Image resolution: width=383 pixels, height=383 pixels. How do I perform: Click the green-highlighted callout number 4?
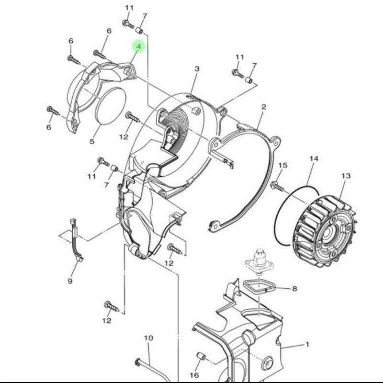click(139, 46)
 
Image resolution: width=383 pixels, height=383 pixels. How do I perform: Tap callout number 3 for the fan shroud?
click(197, 69)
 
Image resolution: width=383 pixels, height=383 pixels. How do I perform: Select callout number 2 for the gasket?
click(264, 107)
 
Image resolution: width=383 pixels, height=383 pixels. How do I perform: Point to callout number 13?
click(346, 176)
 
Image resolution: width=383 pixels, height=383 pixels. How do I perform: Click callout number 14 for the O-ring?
click(314, 159)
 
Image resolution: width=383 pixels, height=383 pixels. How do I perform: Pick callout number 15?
click(282, 165)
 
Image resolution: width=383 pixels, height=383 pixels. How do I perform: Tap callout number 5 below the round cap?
click(92, 141)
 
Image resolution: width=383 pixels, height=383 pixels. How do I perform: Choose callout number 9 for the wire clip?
click(70, 281)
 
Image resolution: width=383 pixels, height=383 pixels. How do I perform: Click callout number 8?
click(294, 289)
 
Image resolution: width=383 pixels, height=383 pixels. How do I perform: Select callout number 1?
click(307, 344)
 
